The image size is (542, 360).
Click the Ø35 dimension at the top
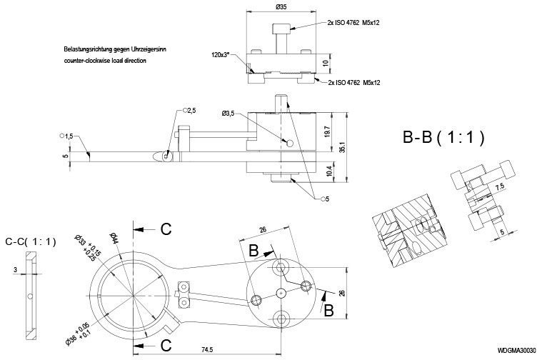tap(281, 9)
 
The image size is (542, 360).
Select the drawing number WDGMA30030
tap(516, 350)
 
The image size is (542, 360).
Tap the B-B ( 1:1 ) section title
tap(443, 138)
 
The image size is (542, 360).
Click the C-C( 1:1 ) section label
tap(30, 241)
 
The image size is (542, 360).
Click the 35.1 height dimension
tap(343, 146)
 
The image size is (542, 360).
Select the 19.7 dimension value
tap(326, 132)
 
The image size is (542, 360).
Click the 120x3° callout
tap(223, 54)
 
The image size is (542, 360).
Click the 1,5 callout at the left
tap(66, 136)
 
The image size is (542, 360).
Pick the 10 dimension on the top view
tap(326, 63)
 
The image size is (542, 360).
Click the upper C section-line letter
tap(165, 229)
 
